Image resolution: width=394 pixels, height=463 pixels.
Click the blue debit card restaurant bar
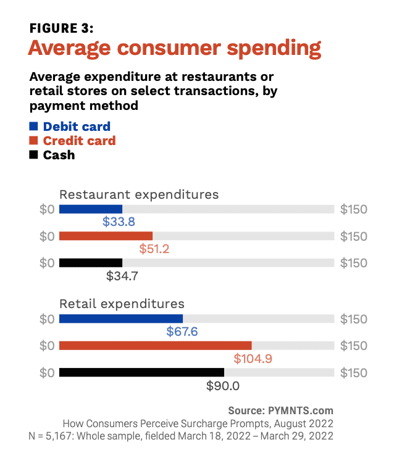coord(91,209)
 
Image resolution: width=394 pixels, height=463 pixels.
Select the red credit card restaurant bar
coord(106,236)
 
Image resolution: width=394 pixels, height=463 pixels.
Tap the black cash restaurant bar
coord(91,263)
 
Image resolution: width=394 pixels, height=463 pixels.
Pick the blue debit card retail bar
coord(121,319)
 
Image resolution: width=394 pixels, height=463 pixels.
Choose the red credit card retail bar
coord(155,346)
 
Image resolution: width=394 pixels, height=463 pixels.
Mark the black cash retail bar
coord(141,372)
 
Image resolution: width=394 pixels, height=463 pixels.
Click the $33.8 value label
coord(120,222)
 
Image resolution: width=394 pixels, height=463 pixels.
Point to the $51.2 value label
coord(154,249)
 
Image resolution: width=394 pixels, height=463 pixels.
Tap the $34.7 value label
coord(122,276)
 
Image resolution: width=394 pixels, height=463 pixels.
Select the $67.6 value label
coord(182,332)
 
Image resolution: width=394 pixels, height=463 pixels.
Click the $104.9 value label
coord(254,359)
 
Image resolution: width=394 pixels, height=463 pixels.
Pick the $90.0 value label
coord(222,386)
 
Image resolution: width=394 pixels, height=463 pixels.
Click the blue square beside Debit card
coord(34,127)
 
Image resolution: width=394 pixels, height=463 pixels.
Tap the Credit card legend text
coord(79,141)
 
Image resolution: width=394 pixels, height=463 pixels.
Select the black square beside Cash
coord(34,155)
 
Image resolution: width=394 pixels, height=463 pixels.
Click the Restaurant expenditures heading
coord(139,194)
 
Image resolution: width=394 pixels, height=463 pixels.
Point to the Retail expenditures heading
coord(122,304)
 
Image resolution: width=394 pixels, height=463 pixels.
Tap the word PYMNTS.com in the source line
coord(301,411)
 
